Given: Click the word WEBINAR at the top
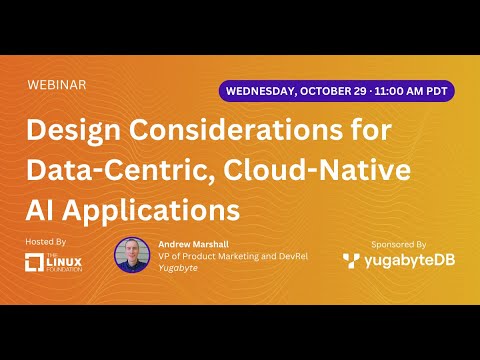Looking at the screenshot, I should [x=58, y=85].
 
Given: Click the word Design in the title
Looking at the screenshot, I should [x=72, y=131].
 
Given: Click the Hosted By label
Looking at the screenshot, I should [x=46, y=242].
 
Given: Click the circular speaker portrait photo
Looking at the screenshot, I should [x=132, y=255].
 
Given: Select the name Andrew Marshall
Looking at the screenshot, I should [x=194, y=243].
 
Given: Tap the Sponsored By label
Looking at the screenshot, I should [x=398, y=243].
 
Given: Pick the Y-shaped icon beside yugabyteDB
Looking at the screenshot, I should [x=351, y=261].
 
